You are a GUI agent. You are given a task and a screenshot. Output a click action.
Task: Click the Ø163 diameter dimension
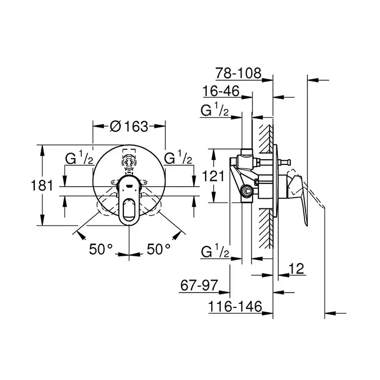tap(129, 126)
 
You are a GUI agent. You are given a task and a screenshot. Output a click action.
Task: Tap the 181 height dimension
tap(42, 186)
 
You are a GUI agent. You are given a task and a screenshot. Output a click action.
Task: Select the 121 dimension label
tap(213, 176)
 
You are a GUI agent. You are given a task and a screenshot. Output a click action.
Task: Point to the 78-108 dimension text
tap(238, 73)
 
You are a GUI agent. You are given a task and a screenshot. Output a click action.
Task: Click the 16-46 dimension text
tap(221, 91)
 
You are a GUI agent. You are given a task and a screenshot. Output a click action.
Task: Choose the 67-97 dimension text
tap(199, 285)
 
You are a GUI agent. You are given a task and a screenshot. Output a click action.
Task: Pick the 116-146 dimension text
tap(235, 306)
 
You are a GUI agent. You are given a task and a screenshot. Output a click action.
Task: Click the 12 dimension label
tap(296, 269)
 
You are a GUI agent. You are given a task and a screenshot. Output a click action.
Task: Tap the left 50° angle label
tap(101, 249)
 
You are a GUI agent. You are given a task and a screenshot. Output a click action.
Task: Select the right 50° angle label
tap(159, 249)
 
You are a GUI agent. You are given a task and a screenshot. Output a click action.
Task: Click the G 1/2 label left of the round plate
tap(79, 158)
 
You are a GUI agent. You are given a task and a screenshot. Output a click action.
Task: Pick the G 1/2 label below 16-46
tap(215, 110)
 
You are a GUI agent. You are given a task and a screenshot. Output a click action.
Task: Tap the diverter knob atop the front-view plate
tap(129, 162)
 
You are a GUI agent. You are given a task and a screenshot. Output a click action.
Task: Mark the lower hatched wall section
tap(265, 229)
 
